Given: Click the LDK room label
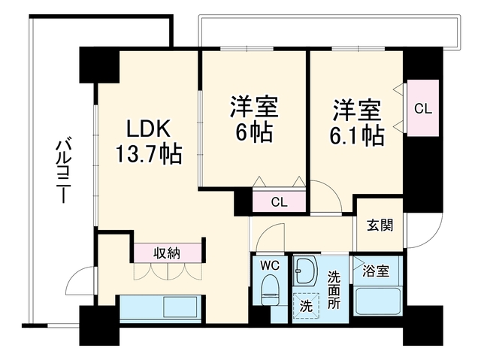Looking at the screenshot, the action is (x=149, y=129).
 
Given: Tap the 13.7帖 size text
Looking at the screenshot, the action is (x=149, y=154).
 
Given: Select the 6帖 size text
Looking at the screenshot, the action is (x=254, y=132).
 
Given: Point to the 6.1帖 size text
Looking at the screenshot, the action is (x=357, y=135).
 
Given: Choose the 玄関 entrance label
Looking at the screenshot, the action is (x=380, y=225).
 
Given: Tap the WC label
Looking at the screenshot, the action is (x=270, y=265).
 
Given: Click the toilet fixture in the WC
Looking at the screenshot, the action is (x=271, y=290).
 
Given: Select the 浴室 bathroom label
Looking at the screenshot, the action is (x=376, y=271).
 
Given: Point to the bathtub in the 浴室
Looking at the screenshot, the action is (x=378, y=301).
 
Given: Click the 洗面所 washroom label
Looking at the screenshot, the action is (x=334, y=290).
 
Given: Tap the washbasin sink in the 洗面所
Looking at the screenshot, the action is (x=306, y=271).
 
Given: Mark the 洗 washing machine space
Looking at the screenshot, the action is (x=306, y=306).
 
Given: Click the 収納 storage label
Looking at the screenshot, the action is (x=167, y=253).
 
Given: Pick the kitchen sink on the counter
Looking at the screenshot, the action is (x=180, y=307).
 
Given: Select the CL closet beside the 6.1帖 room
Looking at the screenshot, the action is (x=423, y=108).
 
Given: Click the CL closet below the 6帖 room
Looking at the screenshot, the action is (x=279, y=201).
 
